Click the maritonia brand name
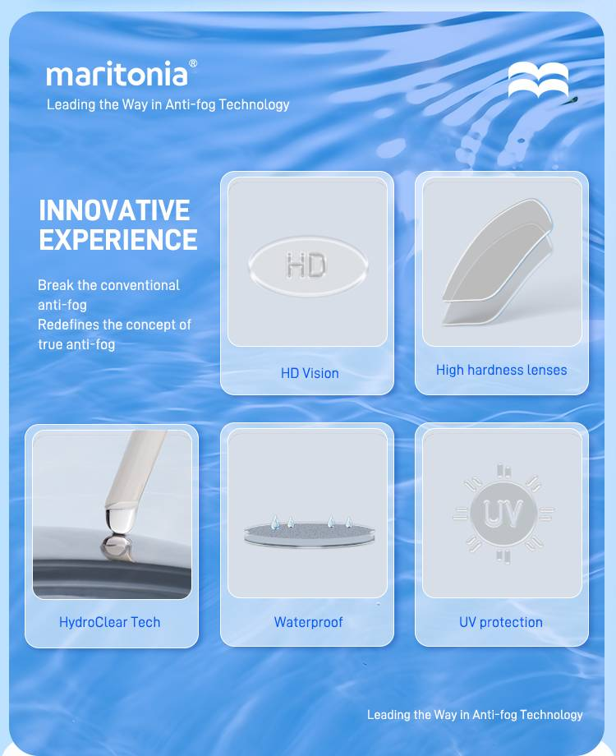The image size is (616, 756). pos(117,74)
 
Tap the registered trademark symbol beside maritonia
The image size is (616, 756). pos(193,63)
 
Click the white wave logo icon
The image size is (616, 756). pos(538,80)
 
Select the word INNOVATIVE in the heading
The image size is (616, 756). pos(115,210)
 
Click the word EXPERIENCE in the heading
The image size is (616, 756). pos(118,240)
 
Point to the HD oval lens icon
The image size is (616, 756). pos(308,265)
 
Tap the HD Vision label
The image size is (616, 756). pos(310,373)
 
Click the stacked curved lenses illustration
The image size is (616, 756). pos(498,262)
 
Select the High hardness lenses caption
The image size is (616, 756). pos(501,370)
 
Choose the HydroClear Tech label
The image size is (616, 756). pos(109,622)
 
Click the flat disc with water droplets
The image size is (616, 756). pos(310,534)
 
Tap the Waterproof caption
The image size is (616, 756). pos(309,622)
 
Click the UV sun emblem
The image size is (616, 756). pos(503,513)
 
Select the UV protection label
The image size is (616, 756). pos(501,622)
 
